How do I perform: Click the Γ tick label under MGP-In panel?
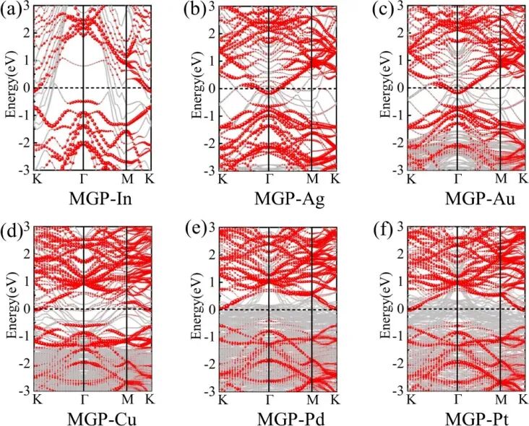[84, 178]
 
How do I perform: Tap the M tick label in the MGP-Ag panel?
[312, 178]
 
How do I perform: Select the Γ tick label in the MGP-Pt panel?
[457, 399]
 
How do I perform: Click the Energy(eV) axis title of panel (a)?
[10, 87]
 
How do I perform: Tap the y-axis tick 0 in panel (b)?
[214, 88]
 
